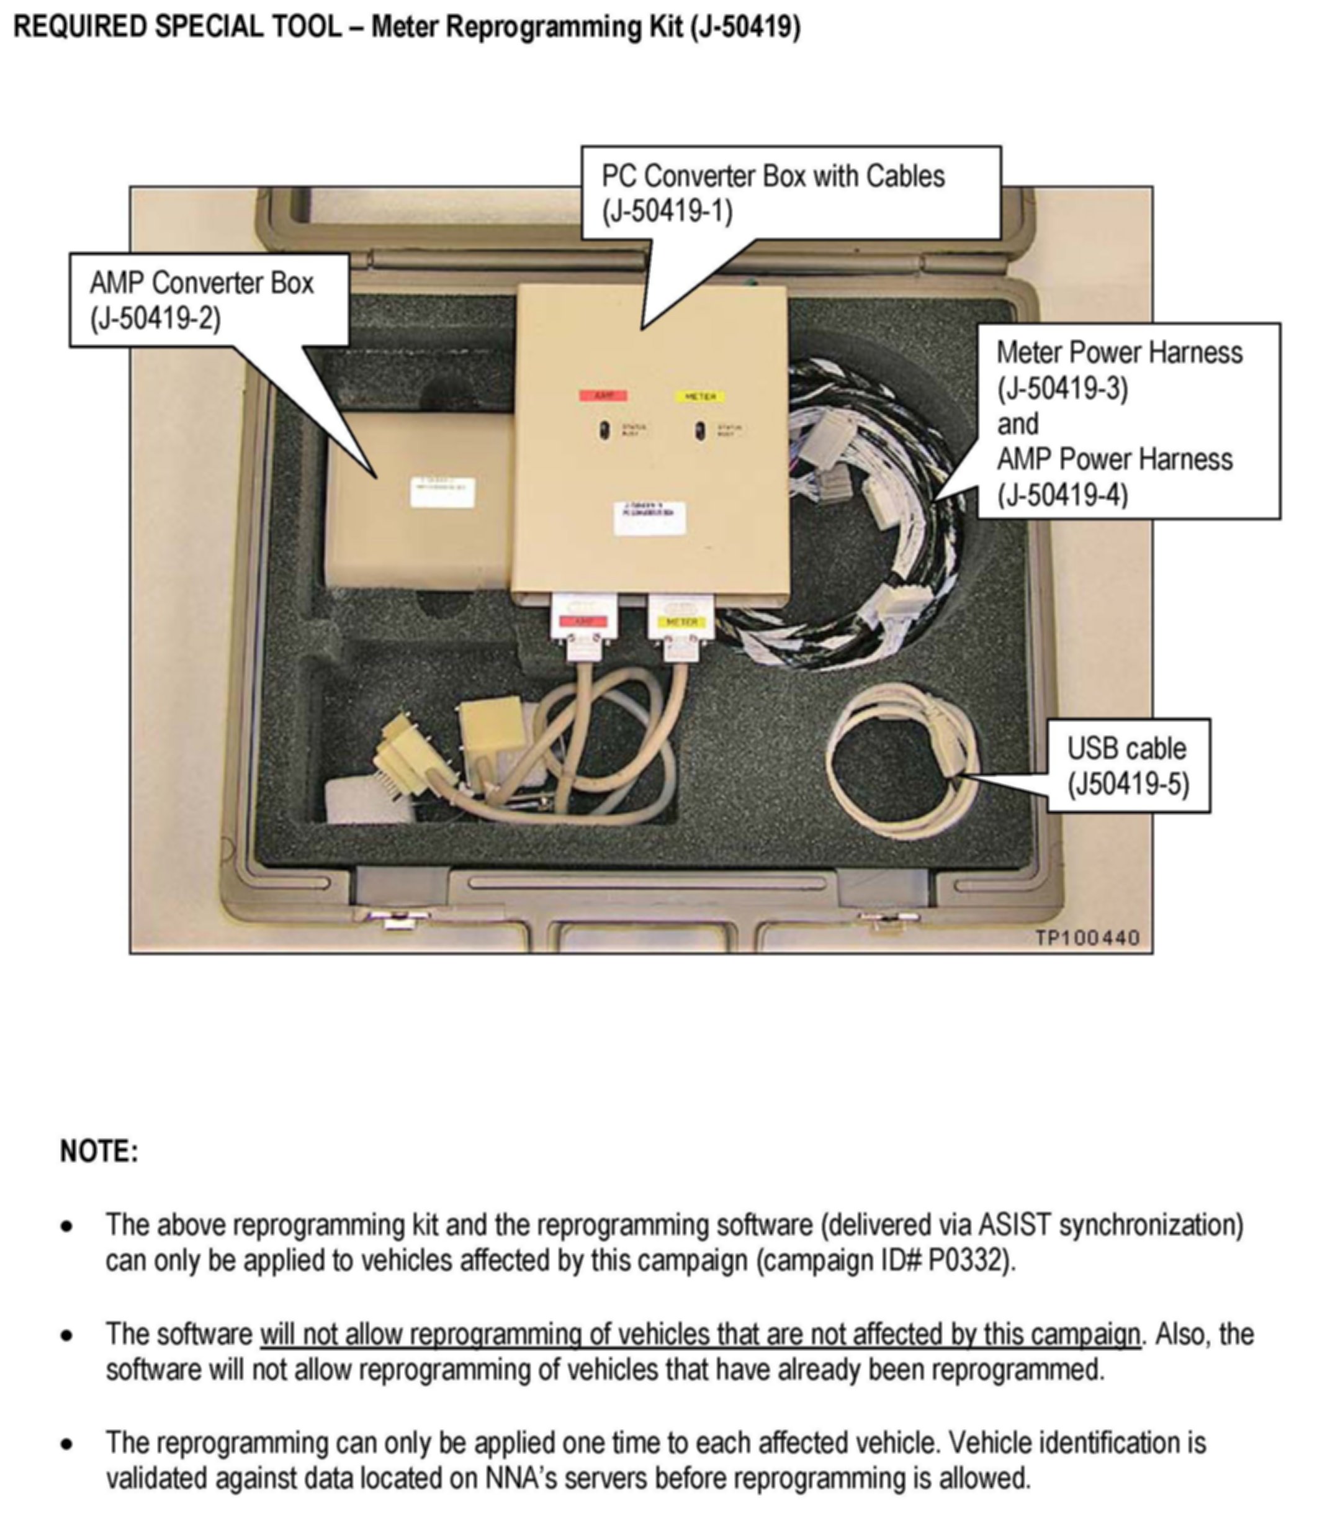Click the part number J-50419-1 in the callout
click(666, 212)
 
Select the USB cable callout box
click(1127, 766)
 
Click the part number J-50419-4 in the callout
click(1062, 494)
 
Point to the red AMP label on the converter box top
click(603, 395)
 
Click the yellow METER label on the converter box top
click(699, 396)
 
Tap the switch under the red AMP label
click(604, 430)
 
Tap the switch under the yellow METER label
click(699, 430)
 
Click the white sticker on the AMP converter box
click(442, 492)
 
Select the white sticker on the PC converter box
click(649, 517)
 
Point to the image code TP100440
click(1087, 938)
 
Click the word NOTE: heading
click(99, 1150)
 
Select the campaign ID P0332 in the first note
click(968, 1260)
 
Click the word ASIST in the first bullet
click(1014, 1225)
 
